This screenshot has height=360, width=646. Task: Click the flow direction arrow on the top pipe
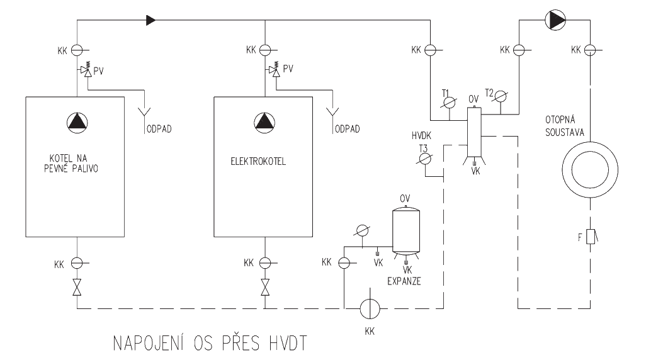click(150, 21)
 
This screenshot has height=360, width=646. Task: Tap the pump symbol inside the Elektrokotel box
click(263, 121)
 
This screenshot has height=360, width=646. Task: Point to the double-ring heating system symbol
click(590, 169)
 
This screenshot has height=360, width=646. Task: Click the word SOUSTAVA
click(567, 134)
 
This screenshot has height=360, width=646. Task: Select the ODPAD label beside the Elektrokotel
click(348, 129)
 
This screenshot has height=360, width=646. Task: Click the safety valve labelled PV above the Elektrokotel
click(275, 69)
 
